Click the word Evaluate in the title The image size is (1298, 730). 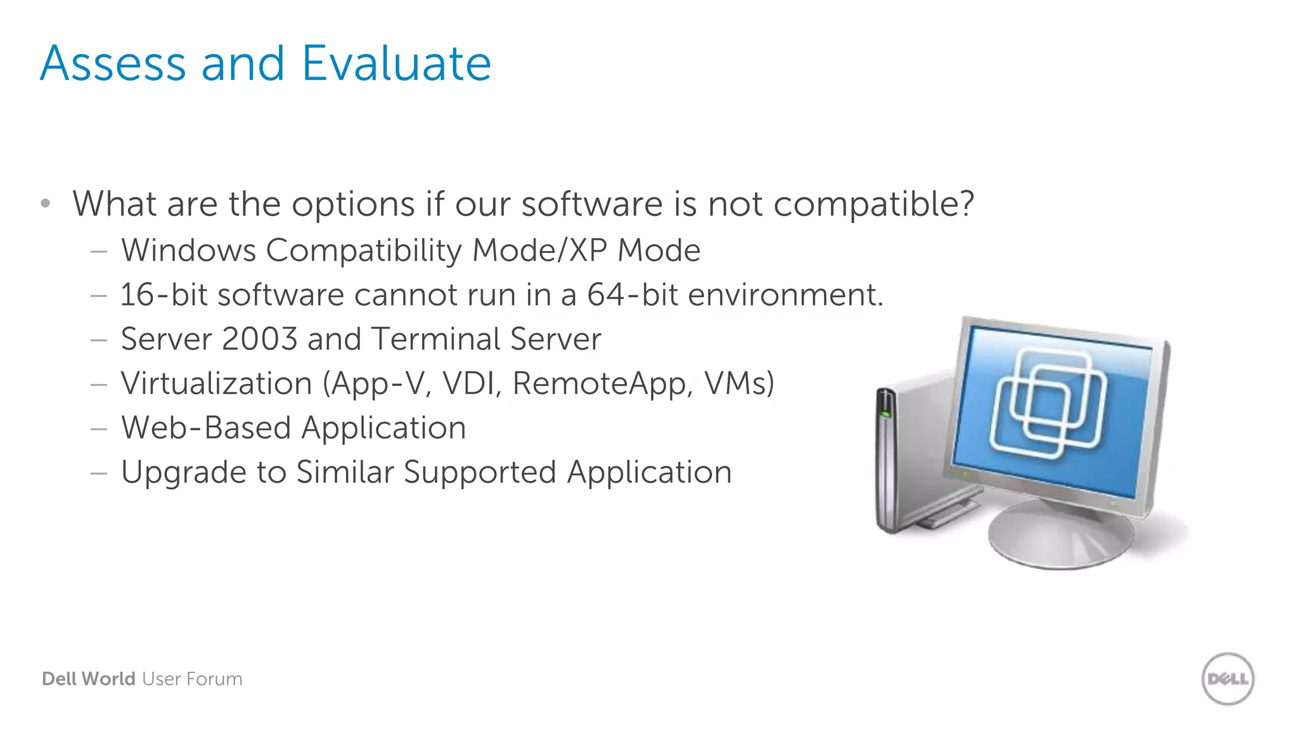tap(396, 64)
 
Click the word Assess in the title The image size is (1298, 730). tap(113, 64)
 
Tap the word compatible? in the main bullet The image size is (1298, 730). tap(873, 205)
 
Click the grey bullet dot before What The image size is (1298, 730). tap(45, 203)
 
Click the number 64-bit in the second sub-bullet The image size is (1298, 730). tap(632, 295)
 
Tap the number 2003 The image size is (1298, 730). tap(259, 339)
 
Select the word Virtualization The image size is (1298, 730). tap(216, 383)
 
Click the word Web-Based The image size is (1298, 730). tap(205, 428)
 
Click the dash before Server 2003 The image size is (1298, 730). tap(98, 340)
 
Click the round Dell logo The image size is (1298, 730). tap(1227, 679)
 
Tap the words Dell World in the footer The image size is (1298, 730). tap(88, 679)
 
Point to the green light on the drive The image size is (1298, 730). tap(885, 414)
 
